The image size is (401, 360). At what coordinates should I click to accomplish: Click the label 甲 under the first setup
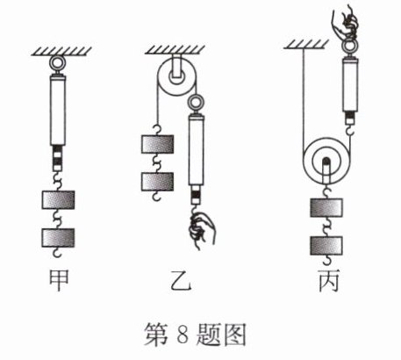point(59,280)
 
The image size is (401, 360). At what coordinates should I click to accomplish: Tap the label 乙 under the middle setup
point(181,280)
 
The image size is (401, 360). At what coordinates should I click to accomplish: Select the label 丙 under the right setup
point(329,280)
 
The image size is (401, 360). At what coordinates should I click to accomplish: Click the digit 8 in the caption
point(182,334)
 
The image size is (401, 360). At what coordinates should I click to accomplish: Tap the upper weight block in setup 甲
point(58,200)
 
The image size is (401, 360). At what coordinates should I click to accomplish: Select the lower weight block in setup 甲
point(58,237)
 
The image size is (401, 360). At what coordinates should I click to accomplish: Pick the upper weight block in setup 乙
point(158,144)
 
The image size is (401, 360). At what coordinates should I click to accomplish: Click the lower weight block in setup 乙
point(158,182)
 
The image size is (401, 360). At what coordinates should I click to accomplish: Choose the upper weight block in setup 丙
point(326,207)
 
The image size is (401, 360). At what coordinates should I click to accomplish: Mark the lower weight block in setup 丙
point(326,246)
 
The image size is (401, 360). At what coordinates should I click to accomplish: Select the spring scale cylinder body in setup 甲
point(58,111)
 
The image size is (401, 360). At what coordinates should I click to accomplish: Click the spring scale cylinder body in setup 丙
point(350,85)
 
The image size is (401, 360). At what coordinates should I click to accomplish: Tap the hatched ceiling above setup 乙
point(175,50)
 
